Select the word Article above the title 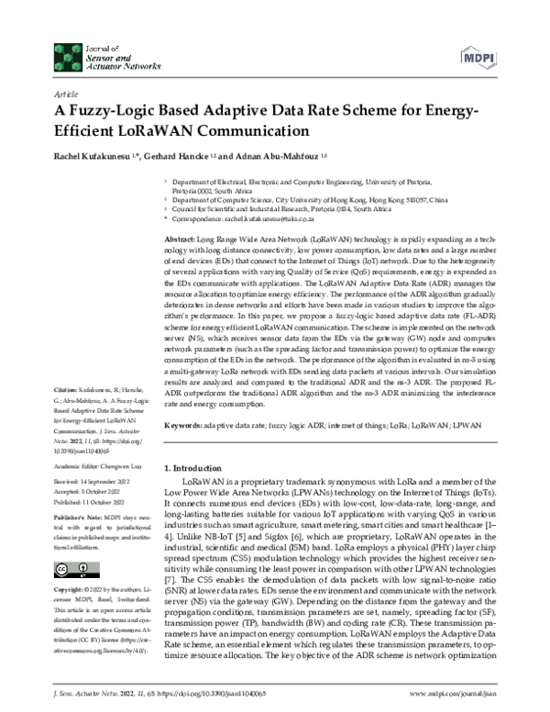pos(66,95)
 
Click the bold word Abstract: pos(179,237)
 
